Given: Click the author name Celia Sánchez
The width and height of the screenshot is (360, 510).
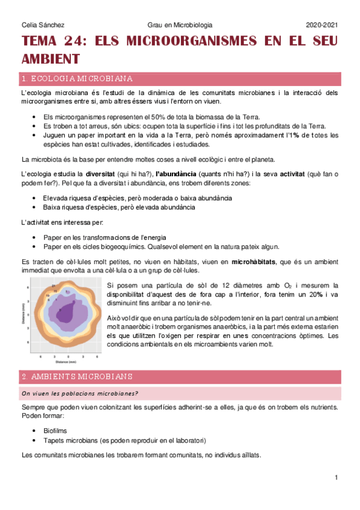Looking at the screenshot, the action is [43, 25].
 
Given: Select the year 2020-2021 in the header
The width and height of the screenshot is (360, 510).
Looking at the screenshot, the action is [322, 25].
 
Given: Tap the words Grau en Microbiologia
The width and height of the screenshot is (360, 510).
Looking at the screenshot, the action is [180, 25].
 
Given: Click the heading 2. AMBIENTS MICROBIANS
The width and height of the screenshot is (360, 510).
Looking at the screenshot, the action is [77, 377].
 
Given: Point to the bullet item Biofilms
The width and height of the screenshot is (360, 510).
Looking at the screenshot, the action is [56, 431].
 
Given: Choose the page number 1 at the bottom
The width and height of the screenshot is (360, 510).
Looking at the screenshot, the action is [337, 478].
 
